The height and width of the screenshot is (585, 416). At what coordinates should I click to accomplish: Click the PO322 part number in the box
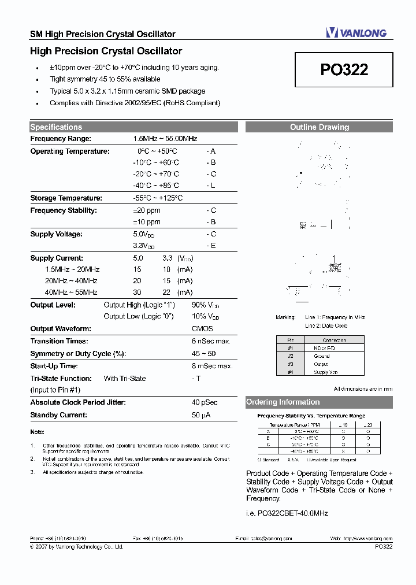(344, 70)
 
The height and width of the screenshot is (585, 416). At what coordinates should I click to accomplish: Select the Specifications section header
(56, 127)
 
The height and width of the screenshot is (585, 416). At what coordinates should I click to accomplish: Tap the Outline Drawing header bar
(319, 127)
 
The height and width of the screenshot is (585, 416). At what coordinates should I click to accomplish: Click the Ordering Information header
(283, 402)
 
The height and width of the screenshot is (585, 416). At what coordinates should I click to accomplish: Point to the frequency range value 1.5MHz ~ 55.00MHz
(165, 139)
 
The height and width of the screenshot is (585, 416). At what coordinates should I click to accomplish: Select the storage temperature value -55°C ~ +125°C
(158, 198)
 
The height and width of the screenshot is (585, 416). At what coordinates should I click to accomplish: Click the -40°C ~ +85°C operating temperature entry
(155, 186)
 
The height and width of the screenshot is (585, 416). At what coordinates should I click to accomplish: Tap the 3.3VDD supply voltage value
(143, 246)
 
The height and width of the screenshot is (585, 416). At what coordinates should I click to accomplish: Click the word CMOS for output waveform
(202, 328)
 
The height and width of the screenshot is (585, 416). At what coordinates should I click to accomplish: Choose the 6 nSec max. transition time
(211, 341)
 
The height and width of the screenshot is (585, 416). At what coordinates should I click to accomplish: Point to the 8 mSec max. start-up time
(212, 366)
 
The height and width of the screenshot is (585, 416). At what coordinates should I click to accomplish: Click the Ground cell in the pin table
(322, 356)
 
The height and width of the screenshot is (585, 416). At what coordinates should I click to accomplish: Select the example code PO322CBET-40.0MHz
(287, 513)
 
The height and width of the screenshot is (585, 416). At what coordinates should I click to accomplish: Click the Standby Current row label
(58, 415)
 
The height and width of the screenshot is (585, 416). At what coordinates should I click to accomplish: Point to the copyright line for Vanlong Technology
(76, 546)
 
